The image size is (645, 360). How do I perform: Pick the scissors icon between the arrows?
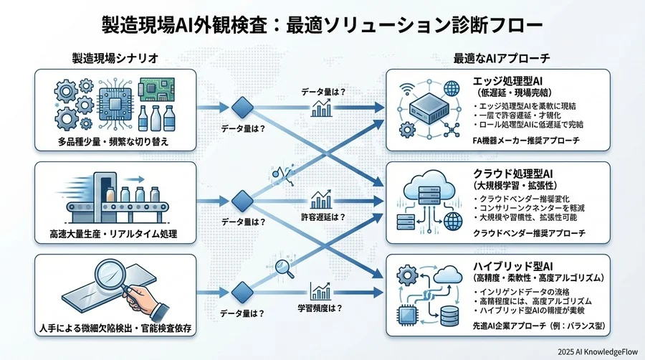(279, 174)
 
